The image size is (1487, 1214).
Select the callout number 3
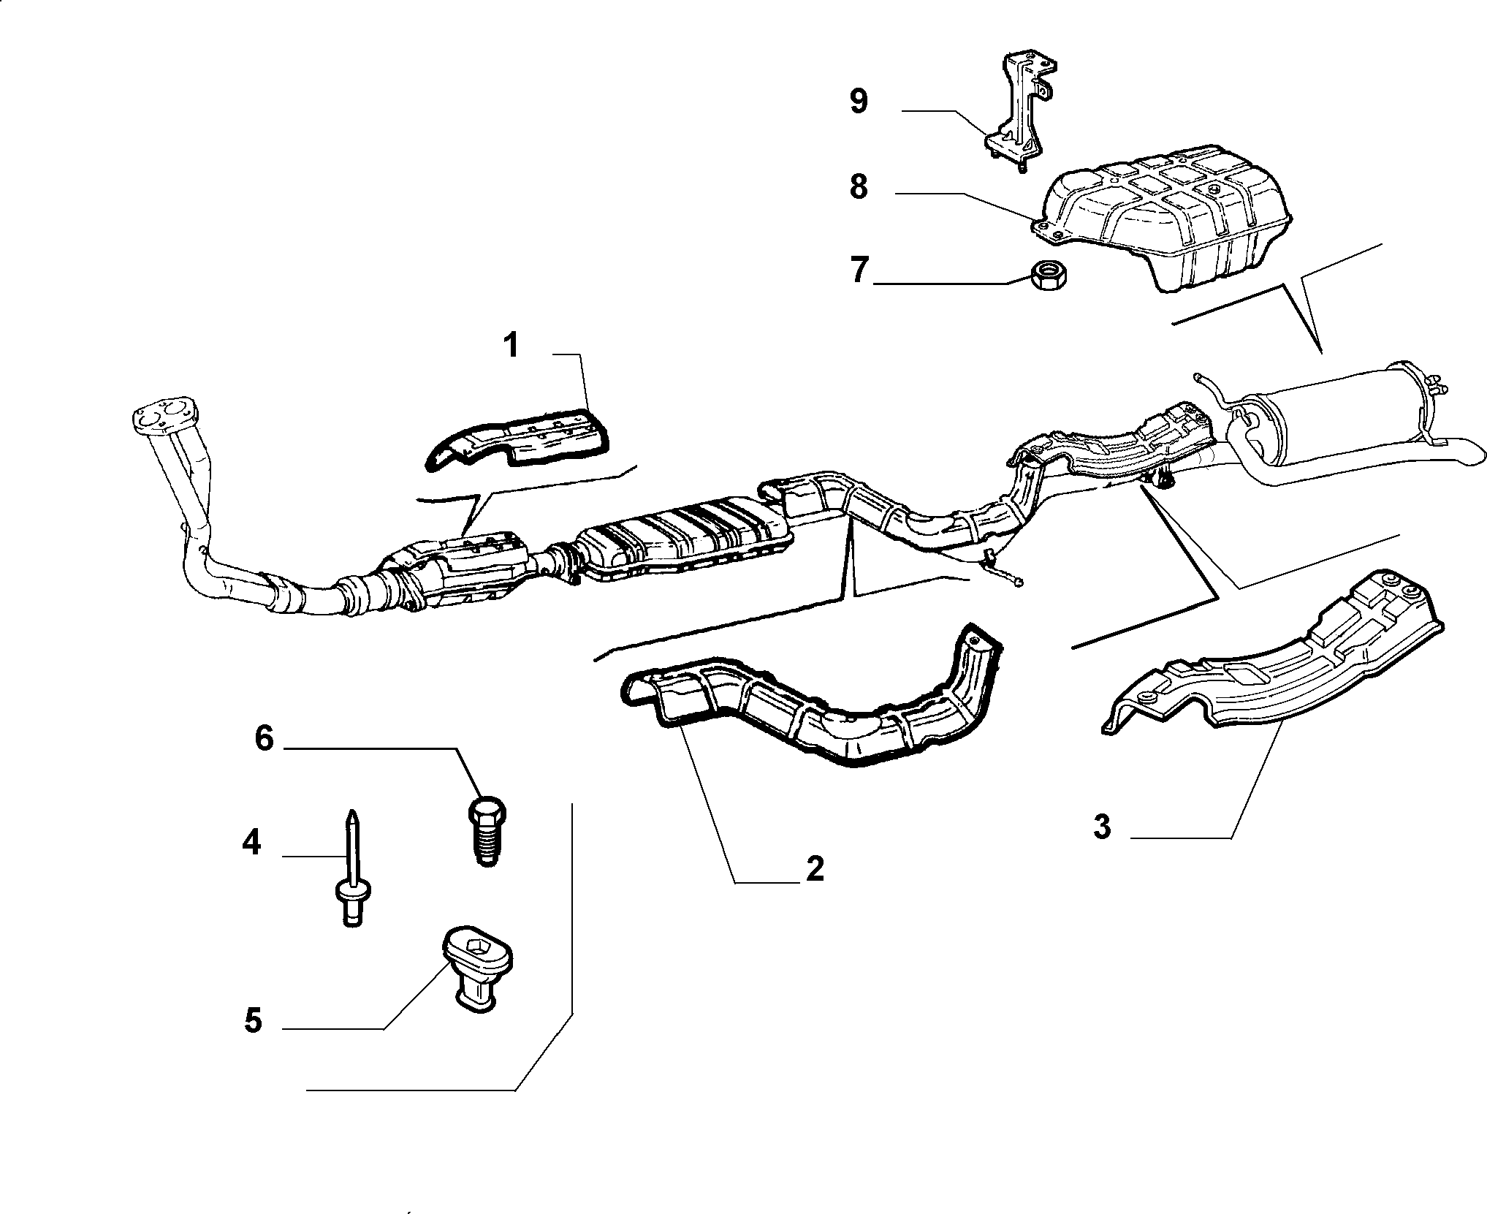pyautogui.click(x=1102, y=827)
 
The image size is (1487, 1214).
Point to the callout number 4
pyautogui.click(x=251, y=843)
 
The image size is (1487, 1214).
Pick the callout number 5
pyautogui.click(x=252, y=1020)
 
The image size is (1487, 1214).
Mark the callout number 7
pyautogui.click(x=859, y=271)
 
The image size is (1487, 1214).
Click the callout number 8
pyautogui.click(x=859, y=186)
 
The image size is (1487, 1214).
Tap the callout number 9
pyautogui.click(x=859, y=101)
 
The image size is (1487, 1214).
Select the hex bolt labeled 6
pyautogui.click(x=487, y=831)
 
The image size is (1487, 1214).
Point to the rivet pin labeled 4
pyautogui.click(x=352, y=868)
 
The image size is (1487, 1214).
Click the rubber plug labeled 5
pyautogui.click(x=477, y=968)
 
